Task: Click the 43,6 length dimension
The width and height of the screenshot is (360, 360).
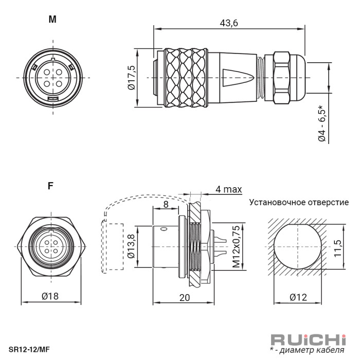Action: [229, 23]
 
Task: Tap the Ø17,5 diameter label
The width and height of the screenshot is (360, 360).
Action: [132, 78]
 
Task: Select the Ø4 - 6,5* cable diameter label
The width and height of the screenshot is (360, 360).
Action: [322, 123]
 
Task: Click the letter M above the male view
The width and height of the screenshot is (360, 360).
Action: [52, 20]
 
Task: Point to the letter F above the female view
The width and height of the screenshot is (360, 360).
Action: [50, 186]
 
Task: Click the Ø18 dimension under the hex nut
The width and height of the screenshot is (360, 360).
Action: [50, 296]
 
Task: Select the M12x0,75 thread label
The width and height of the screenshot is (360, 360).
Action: [236, 246]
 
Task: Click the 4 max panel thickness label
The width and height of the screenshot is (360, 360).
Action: [229, 189]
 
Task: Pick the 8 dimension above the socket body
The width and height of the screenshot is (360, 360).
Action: [166, 204]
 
